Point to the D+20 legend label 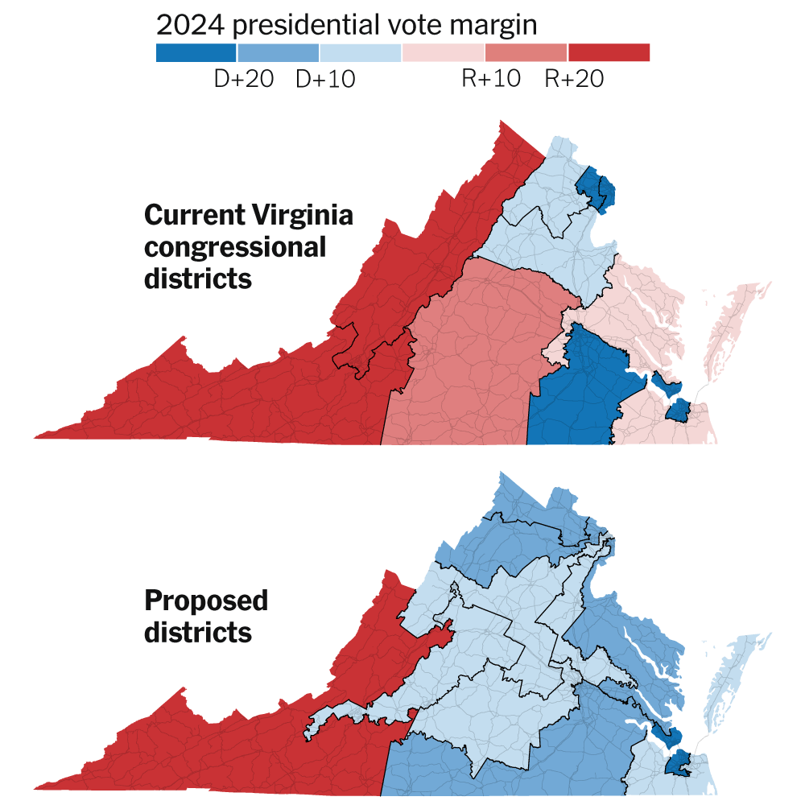coord(243,79)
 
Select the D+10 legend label coord(326,79)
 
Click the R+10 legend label coord(491,79)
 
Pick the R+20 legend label coord(574,79)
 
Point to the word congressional coord(234,247)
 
